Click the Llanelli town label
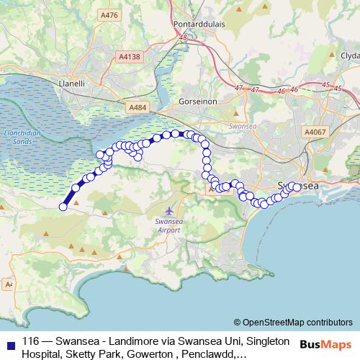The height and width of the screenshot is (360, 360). pos(73,83)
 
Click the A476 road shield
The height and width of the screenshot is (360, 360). pos(109,14)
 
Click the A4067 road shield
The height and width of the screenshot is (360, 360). pos(315,132)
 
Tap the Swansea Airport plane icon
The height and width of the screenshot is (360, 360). pos(168,211)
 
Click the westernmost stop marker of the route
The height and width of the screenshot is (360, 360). pos(63,207)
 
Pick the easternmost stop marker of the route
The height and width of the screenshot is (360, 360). pos(297,188)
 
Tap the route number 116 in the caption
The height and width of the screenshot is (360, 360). pos(31,342)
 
